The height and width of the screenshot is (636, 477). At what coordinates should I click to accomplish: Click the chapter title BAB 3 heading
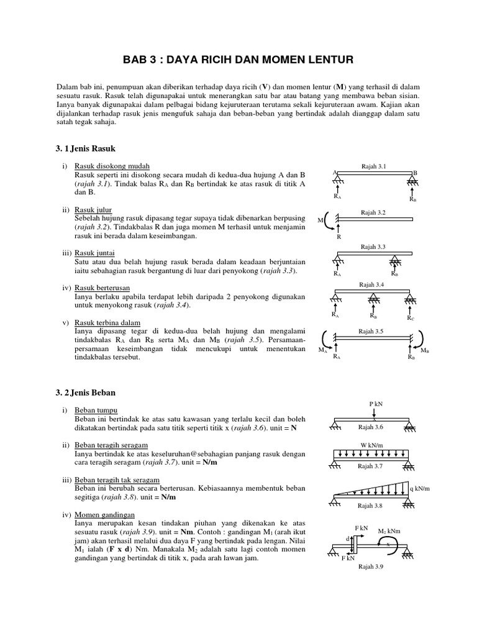pyautogui.click(x=238, y=60)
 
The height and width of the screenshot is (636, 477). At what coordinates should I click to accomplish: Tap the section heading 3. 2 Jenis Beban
pyautogui.click(x=86, y=393)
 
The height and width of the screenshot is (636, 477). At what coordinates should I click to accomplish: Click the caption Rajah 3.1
pyautogui.click(x=373, y=166)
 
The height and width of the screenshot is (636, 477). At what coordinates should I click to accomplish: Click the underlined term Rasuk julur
pyautogui.click(x=93, y=210)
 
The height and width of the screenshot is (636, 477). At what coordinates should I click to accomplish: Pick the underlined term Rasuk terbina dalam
pyautogui.click(x=107, y=323)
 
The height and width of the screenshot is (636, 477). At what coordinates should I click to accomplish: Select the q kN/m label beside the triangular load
pyautogui.click(x=420, y=488)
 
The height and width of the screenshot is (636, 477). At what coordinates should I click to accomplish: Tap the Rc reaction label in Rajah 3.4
pyautogui.click(x=410, y=317)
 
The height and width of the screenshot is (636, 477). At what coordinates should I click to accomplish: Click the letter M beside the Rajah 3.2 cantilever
pyautogui.click(x=321, y=220)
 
